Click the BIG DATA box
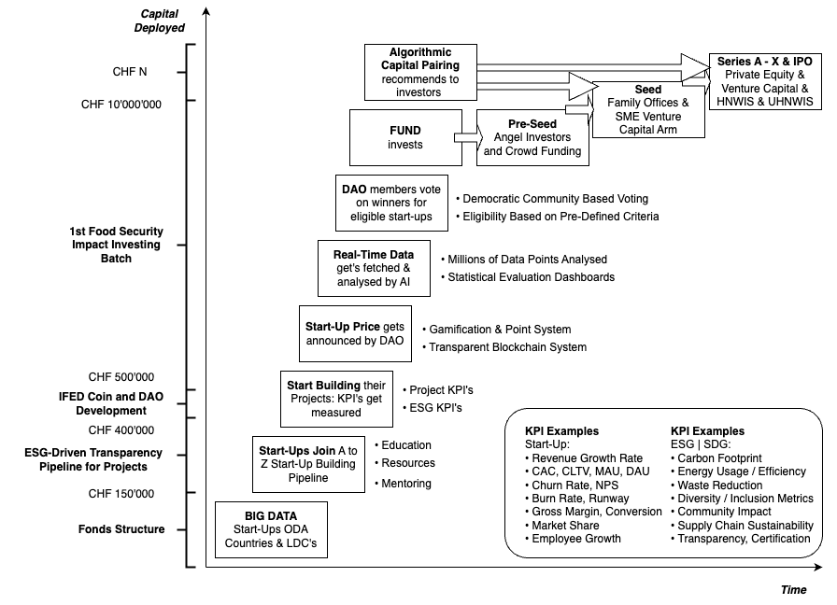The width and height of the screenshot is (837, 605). (272, 529)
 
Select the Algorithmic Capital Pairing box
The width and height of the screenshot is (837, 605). (420, 72)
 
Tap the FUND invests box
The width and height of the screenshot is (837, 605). (404, 137)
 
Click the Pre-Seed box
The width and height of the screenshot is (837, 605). (532, 137)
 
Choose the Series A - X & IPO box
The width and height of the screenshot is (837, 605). (765, 80)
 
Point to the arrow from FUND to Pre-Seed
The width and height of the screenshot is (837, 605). (465, 137)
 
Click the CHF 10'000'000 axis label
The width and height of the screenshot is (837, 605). (121, 104)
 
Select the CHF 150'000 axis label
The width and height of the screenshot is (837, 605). (121, 494)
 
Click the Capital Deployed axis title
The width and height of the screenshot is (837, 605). (163, 21)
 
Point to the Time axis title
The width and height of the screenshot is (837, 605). (793, 590)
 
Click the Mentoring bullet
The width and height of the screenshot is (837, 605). (406, 484)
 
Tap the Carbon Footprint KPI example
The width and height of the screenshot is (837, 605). (719, 458)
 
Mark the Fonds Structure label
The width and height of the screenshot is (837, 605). (121, 529)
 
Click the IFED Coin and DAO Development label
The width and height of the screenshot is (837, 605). (111, 403)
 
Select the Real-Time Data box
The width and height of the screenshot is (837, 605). (374, 266)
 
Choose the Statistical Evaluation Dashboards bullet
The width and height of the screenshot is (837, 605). (531, 277)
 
